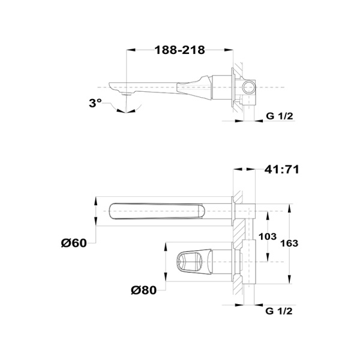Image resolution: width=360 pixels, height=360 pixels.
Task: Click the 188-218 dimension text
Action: tap(179, 50)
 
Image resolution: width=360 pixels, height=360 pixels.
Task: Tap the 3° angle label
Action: tap(95, 103)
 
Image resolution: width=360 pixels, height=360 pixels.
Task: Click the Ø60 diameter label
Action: tap(74, 242)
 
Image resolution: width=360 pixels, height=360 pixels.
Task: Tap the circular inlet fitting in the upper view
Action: tap(250, 88)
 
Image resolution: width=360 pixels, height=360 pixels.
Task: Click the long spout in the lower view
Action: tap(156, 212)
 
